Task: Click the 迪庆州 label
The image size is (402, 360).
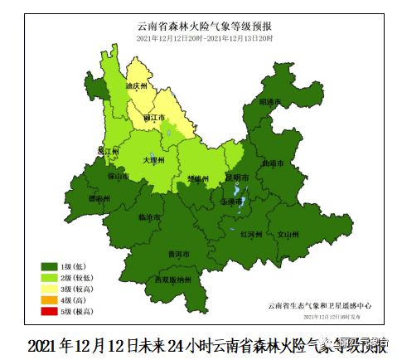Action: coord(136,86)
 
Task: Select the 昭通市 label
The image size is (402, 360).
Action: coord(270,102)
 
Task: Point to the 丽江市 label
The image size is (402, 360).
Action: coord(154,119)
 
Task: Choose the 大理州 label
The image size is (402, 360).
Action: coord(154,160)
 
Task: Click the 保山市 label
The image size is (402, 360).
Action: coord(117,177)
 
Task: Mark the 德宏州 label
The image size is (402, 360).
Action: coord(99,199)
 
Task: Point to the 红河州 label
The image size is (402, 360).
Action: coord(250,236)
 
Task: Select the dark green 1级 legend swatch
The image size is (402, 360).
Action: coord(50,266)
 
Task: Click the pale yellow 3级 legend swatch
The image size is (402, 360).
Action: coord(50,288)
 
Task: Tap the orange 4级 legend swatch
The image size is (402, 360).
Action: coord(50,299)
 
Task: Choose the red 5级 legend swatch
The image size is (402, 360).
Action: coord(50,310)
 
